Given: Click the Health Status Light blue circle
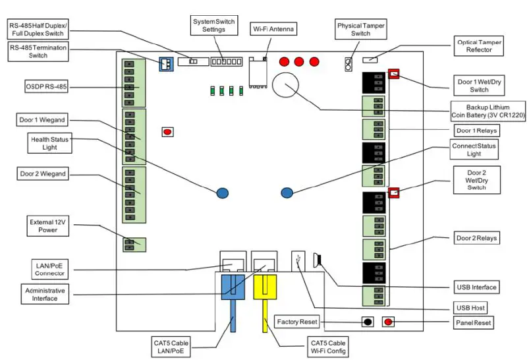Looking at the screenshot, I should point(223,193).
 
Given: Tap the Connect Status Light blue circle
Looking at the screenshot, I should point(287,193).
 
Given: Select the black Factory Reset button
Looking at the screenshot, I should point(368,322).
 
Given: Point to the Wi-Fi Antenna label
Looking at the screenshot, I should point(274,30).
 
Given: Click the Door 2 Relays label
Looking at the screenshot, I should point(477,237).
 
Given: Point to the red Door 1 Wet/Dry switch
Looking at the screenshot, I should point(393,74).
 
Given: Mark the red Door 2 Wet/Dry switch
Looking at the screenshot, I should point(394,193).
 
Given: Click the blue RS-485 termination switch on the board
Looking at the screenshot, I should point(165,63).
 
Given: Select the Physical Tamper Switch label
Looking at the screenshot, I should point(360,30).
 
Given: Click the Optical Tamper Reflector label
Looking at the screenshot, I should point(480,46).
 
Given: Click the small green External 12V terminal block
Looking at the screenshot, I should point(134,244).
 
